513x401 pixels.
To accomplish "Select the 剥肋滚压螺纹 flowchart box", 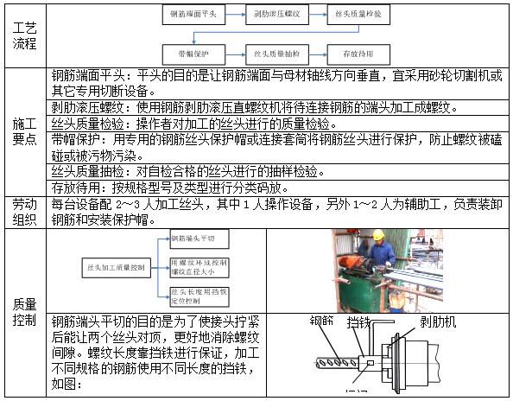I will [x=277, y=14].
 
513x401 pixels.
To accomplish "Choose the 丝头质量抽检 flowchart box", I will [x=277, y=53].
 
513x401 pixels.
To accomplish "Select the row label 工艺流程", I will [x=25, y=34].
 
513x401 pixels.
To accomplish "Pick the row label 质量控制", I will [x=25, y=312].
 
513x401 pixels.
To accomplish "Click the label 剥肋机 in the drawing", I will [x=439, y=322].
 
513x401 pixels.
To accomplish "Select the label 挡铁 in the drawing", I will [x=359, y=322].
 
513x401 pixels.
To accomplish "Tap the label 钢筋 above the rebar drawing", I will [x=323, y=321].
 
